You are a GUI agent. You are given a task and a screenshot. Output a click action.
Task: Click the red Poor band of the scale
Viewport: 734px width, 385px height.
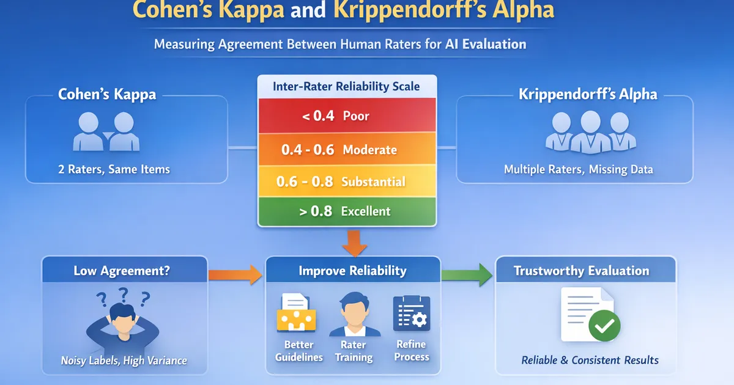click(347, 116)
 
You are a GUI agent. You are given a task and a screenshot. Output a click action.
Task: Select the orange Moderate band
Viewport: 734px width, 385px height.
click(347, 150)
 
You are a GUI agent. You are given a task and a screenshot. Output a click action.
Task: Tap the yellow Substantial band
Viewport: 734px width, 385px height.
click(347, 182)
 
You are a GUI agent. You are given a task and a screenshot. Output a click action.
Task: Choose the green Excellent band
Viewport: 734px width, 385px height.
click(347, 211)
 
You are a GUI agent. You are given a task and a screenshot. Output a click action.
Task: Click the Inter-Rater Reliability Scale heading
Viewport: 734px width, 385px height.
click(346, 86)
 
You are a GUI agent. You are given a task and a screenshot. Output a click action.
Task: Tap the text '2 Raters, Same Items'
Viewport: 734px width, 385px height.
click(114, 170)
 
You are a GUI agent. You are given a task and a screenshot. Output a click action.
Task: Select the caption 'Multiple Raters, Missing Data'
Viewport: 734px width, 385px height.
click(578, 170)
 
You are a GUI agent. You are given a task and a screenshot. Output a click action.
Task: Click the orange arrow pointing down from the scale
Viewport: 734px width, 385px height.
click(354, 242)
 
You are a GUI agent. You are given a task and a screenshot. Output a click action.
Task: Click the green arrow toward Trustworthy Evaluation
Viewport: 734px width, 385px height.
click(467, 273)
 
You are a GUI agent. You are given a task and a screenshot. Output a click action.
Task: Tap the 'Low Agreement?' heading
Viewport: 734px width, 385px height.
click(122, 271)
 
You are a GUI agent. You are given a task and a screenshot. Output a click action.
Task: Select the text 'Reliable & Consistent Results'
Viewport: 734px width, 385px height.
click(590, 360)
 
